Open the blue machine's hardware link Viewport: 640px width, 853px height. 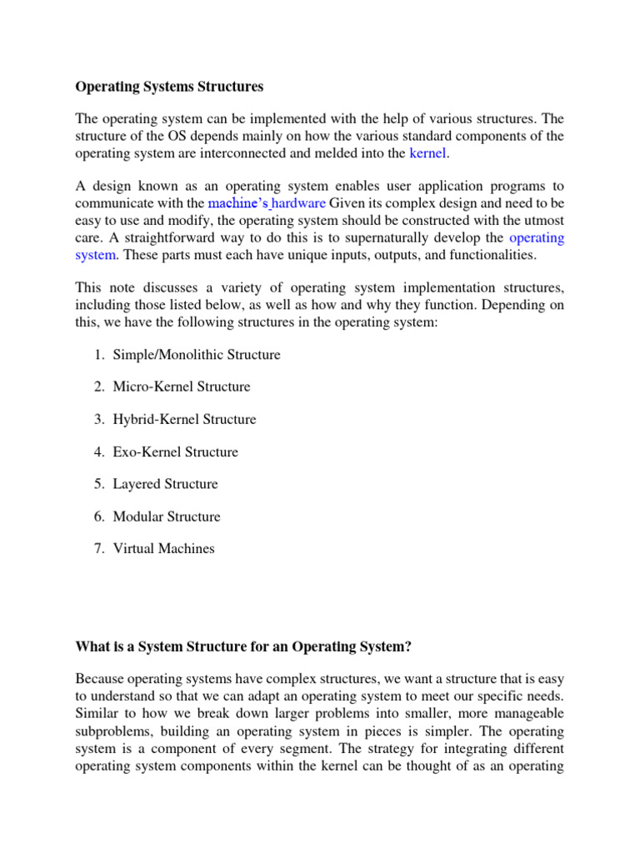click(267, 202)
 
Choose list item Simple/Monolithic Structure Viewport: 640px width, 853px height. click(197, 355)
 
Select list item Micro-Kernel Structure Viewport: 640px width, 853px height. click(181, 387)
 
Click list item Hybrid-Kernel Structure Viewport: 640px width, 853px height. click(184, 419)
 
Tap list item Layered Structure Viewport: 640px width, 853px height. click(165, 484)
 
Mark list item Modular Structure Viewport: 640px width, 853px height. click(167, 516)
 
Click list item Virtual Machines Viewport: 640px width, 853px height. click(163, 548)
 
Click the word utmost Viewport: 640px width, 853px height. click(540, 220)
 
